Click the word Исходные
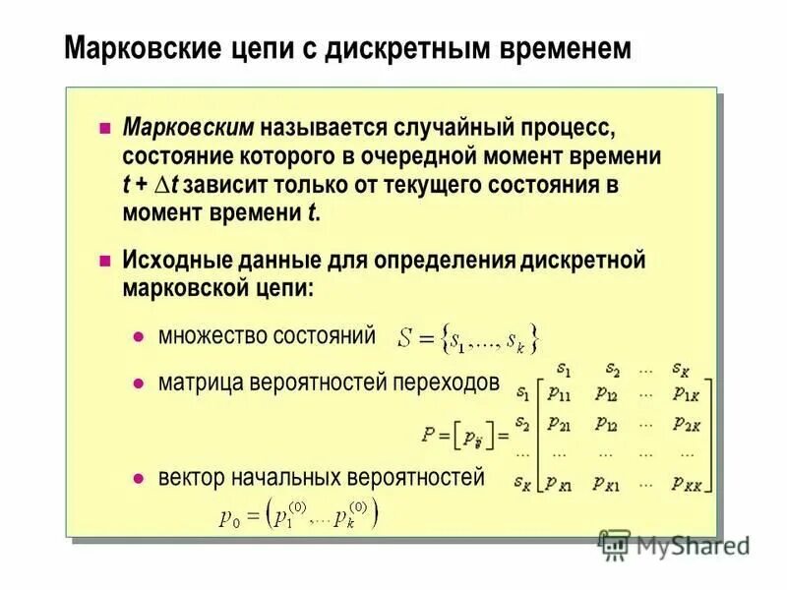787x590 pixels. point(174,262)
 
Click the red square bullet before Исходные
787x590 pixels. point(105,263)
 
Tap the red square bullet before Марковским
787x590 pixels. point(105,129)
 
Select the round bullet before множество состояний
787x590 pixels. point(139,336)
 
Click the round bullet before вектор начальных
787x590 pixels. point(139,479)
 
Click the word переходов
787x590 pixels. point(446,382)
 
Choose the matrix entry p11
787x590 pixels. point(560,393)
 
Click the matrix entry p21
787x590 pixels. point(560,424)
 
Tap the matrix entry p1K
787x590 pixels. point(686,393)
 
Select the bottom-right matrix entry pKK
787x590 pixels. point(689,483)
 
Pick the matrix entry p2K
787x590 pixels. point(686,424)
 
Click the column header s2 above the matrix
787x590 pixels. point(613,370)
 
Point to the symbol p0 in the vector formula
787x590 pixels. point(228,518)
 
